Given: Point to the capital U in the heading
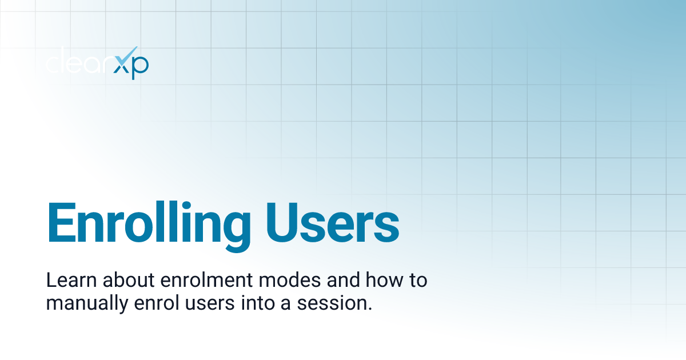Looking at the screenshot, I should (x=282, y=222).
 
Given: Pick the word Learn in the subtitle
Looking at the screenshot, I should (x=64, y=281).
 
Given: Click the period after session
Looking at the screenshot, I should (x=369, y=309).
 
